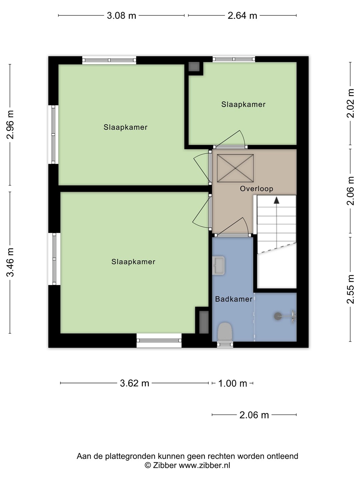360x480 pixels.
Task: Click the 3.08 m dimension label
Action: pyautogui.click(x=121, y=16)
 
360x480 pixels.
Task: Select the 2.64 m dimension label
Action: pyautogui.click(x=242, y=16)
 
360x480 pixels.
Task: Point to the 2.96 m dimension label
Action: pyautogui.click(x=10, y=125)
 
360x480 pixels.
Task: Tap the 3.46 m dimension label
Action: pyautogui.click(x=10, y=262)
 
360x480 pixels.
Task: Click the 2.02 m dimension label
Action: pyautogui.click(x=350, y=103)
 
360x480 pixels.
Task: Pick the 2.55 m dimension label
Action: pyautogui.click(x=350, y=289)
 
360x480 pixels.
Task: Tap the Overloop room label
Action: pyautogui.click(x=256, y=189)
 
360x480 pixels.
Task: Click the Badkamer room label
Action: pyautogui.click(x=234, y=299)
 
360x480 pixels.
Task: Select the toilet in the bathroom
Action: pyautogui.click(x=225, y=332)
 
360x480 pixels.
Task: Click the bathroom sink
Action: pyautogui.click(x=218, y=265)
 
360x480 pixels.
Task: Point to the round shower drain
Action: pyautogui.click(x=278, y=316)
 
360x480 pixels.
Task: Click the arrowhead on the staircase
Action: pyautogui.click(x=277, y=200)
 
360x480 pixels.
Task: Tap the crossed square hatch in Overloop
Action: pyautogui.click(x=235, y=168)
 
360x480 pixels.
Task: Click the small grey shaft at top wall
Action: pyautogui.click(x=194, y=67)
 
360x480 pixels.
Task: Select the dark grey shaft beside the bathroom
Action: pyautogui.click(x=204, y=322)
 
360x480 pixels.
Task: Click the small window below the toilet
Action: pyautogui.click(x=225, y=345)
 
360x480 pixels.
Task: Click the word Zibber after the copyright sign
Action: pyautogui.click(x=165, y=465)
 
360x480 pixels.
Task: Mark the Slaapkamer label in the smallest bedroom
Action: pyautogui.click(x=243, y=104)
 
